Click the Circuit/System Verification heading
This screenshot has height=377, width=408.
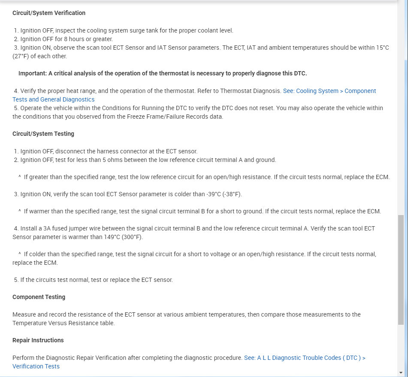tap(49, 13)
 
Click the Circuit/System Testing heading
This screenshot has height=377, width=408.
tap(43, 134)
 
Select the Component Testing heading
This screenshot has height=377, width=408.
tap(39, 297)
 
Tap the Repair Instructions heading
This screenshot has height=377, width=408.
tap(38, 340)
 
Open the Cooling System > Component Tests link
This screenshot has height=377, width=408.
tap(329, 91)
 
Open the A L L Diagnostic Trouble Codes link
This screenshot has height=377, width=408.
tap(305, 358)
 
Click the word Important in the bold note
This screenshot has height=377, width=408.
tap(32, 73)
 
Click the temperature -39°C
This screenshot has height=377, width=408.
tap(211, 194)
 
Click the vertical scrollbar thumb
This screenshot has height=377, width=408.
tap(401, 270)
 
